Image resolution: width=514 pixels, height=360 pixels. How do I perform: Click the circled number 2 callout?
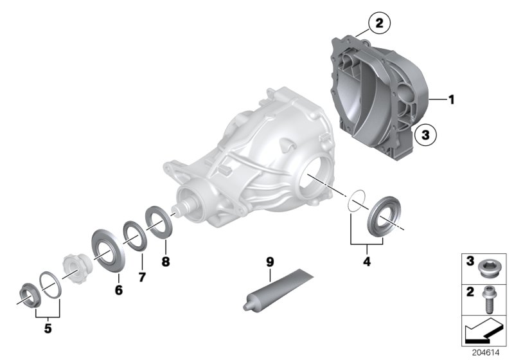pyautogui.click(x=378, y=24)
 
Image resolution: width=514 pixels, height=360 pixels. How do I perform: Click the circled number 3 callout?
pyautogui.click(x=424, y=136)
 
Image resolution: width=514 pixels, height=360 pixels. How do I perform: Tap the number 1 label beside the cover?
pyautogui.click(x=452, y=100)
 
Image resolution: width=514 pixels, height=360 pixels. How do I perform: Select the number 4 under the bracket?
pyautogui.click(x=367, y=262)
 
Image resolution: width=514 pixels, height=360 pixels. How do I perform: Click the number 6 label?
pyautogui.click(x=119, y=290)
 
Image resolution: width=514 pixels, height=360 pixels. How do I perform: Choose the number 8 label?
pyautogui.click(x=165, y=262)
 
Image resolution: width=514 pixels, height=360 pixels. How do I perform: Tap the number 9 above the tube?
pyautogui.click(x=270, y=262)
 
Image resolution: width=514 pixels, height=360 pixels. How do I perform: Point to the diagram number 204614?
pyautogui.click(x=489, y=353)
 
